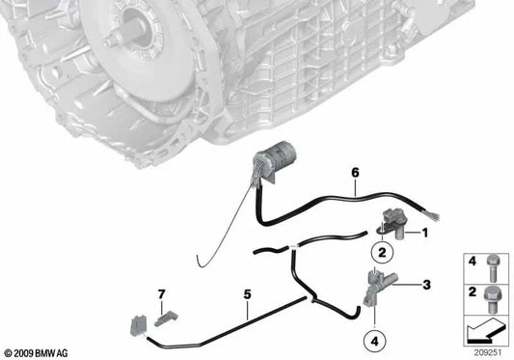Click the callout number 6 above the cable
[x=355, y=173]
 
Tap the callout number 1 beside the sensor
[x=425, y=233]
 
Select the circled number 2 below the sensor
[x=382, y=253]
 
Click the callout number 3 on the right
[x=426, y=285]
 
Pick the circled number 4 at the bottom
[x=375, y=341]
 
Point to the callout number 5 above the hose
[x=247, y=294]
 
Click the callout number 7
[x=161, y=294]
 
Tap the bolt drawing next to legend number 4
[x=492, y=268]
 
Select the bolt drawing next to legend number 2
[x=492, y=299]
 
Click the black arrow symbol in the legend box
[x=484, y=332]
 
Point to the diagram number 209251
[x=488, y=353]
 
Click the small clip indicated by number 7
[x=166, y=318]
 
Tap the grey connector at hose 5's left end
[x=138, y=326]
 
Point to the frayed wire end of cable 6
[x=432, y=216]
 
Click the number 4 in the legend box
[x=472, y=262]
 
